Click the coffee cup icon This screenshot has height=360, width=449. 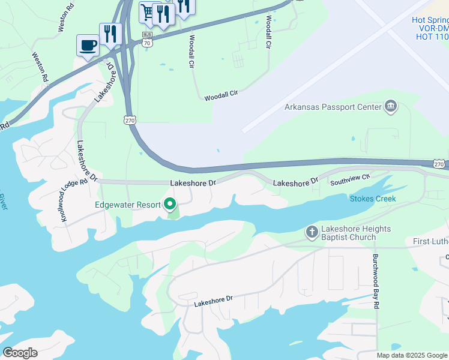(x=88, y=46)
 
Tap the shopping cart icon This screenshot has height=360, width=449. (x=147, y=12)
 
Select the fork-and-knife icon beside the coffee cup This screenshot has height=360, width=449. (x=110, y=34)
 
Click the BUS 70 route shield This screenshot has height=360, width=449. (x=148, y=40)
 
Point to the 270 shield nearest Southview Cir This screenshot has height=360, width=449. (x=439, y=164)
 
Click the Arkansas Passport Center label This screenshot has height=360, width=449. (x=333, y=107)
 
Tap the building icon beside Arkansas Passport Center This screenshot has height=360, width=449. (x=391, y=107)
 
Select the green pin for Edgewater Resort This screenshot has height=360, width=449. (x=170, y=205)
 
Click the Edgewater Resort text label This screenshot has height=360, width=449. (x=128, y=205)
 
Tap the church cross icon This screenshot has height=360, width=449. (x=312, y=232)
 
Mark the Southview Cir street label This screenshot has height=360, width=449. (x=351, y=178)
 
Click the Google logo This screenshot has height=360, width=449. (x=20, y=352)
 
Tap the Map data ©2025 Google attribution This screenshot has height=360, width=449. (x=412, y=355)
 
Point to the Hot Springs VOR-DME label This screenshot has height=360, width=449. (x=430, y=28)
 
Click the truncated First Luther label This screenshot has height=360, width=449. (x=430, y=241)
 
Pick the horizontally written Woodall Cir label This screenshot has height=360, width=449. (x=221, y=95)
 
